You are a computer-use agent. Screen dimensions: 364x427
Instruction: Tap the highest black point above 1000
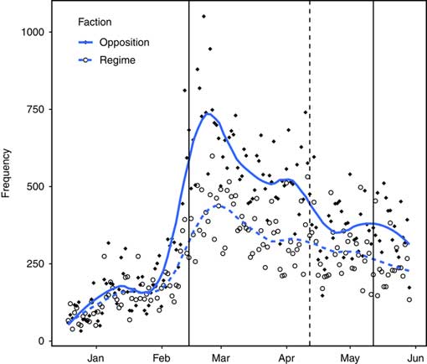[x=204, y=16]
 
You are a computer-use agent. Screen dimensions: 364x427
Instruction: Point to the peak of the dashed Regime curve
[x=218, y=205]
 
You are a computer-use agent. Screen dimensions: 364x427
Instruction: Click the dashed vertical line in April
[x=310, y=168]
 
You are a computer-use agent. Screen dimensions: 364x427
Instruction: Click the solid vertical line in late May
[x=373, y=168]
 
